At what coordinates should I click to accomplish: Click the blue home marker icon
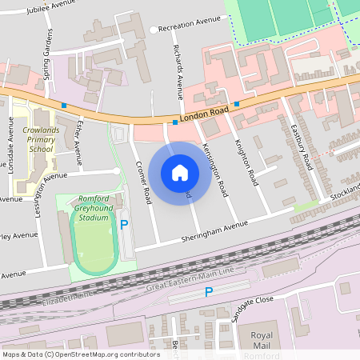[180, 172]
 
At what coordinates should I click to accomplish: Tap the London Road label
[204, 114]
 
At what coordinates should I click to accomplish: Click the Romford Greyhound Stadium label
[98, 207]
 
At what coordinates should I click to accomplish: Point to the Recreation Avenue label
[189, 28]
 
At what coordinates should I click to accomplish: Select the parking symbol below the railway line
[209, 293]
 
